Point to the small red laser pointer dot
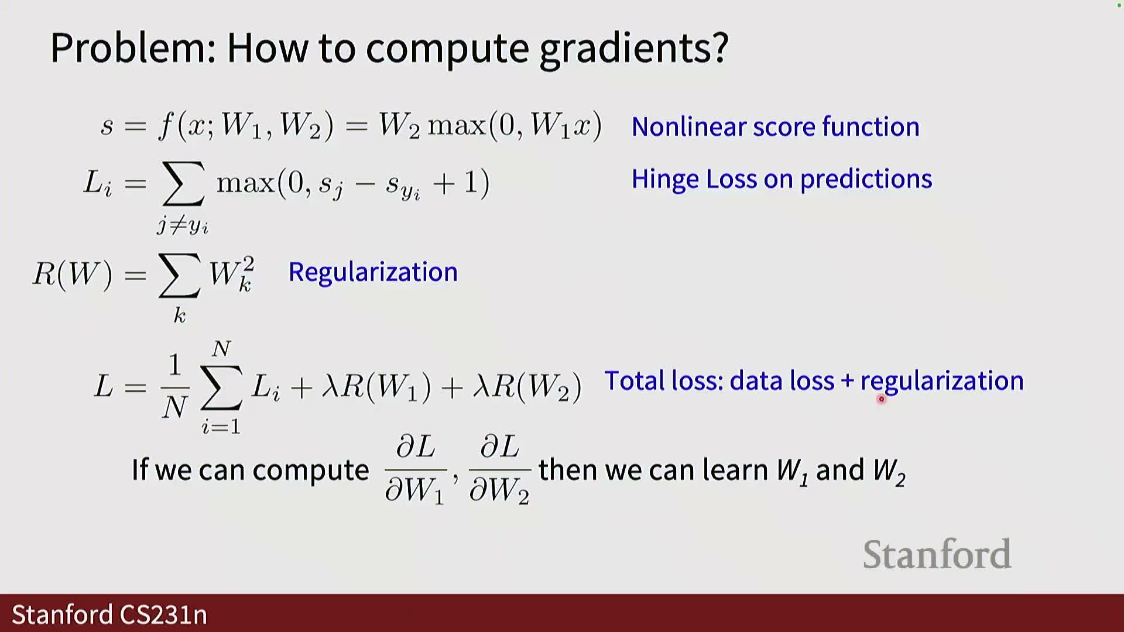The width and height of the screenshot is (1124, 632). (x=881, y=399)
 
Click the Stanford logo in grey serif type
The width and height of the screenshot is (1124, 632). (x=937, y=554)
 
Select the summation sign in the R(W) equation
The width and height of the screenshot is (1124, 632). (x=179, y=276)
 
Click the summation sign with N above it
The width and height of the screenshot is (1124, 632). (x=221, y=386)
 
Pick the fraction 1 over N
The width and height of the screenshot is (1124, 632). (x=174, y=387)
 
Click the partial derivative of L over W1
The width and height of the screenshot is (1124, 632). (x=415, y=469)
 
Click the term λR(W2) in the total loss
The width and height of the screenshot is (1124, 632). (x=527, y=387)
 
